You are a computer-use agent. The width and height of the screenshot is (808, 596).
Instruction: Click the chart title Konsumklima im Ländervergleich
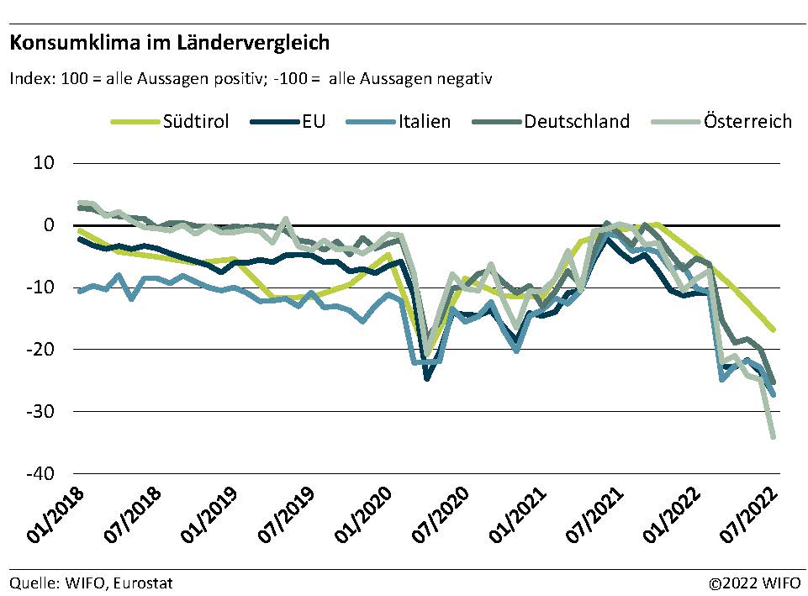point(170,41)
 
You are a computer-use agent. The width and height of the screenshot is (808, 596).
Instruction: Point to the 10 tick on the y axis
point(44,163)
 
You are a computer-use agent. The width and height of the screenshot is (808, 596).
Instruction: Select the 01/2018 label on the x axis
point(77,513)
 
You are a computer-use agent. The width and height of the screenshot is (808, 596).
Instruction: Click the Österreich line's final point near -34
point(773,437)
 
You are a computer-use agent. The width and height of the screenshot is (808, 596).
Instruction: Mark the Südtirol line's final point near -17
point(773,330)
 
